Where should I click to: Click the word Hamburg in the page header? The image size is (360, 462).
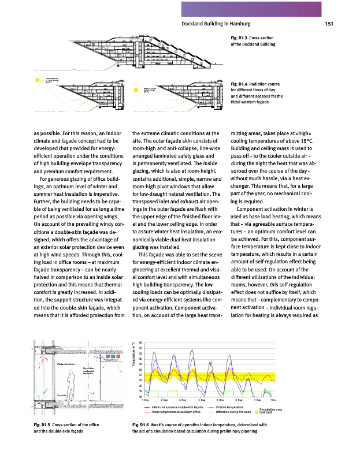237,24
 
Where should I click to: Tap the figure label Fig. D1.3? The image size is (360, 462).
239,38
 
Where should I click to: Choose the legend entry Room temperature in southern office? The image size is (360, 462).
176,412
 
